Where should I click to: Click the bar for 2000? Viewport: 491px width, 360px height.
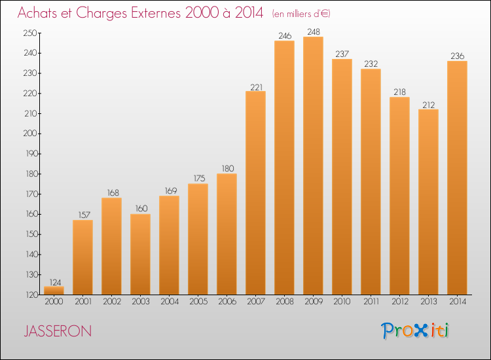[54, 291]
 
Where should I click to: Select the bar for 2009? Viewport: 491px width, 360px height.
[313, 166]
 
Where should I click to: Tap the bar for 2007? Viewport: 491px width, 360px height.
[255, 193]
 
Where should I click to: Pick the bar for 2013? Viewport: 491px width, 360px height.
[428, 202]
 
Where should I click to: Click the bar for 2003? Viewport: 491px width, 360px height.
[140, 254]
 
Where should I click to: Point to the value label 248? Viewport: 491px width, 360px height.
[314, 31]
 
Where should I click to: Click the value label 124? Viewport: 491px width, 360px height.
[55, 282]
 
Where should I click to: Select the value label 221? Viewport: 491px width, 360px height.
[256, 87]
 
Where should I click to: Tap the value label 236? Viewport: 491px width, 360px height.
[457, 56]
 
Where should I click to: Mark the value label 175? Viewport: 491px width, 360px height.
[199, 178]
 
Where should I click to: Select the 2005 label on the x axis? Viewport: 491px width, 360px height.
[198, 301]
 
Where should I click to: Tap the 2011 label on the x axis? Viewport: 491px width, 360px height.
[371, 301]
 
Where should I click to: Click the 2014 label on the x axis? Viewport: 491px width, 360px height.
[458, 301]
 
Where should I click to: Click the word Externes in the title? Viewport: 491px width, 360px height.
[156, 12]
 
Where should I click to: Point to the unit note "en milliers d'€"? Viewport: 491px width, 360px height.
[301, 14]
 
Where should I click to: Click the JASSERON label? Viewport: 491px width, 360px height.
[58, 331]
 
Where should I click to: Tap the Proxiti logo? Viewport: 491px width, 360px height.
[415, 331]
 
